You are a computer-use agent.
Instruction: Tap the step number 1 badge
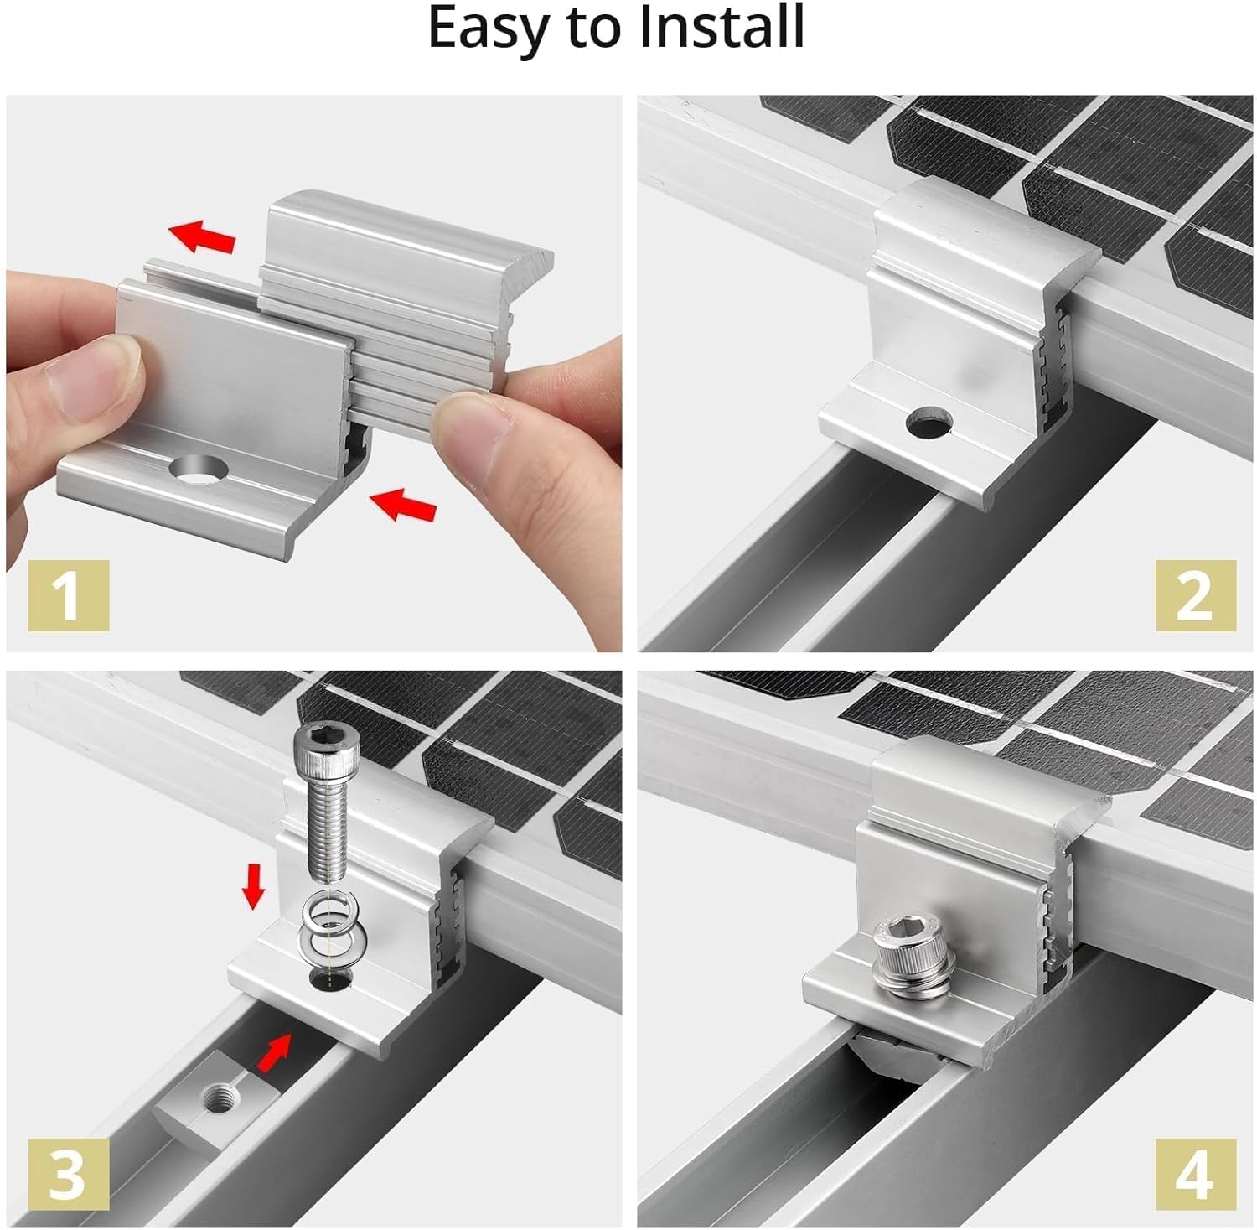click(69, 595)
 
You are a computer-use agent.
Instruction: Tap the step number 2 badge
click(1195, 595)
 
